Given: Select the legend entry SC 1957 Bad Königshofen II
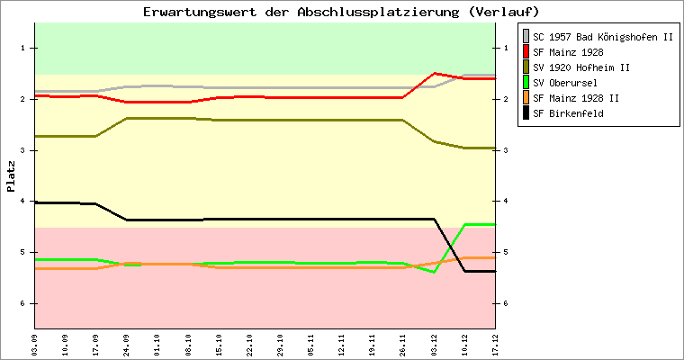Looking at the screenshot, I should (602, 37).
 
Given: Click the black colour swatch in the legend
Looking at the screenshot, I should (526, 113).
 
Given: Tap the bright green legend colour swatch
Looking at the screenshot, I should (526, 83).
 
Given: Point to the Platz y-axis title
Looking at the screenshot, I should (11, 175).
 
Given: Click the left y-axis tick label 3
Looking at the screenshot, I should (25, 150).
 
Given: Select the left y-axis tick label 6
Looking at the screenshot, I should (25, 303).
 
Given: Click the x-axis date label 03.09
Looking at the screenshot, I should (34, 345).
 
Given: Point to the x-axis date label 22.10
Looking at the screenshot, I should (249, 345).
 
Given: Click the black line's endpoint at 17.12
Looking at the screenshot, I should (494, 271).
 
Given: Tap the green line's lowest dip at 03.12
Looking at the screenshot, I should (434, 271).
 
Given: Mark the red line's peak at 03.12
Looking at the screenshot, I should (434, 73).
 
